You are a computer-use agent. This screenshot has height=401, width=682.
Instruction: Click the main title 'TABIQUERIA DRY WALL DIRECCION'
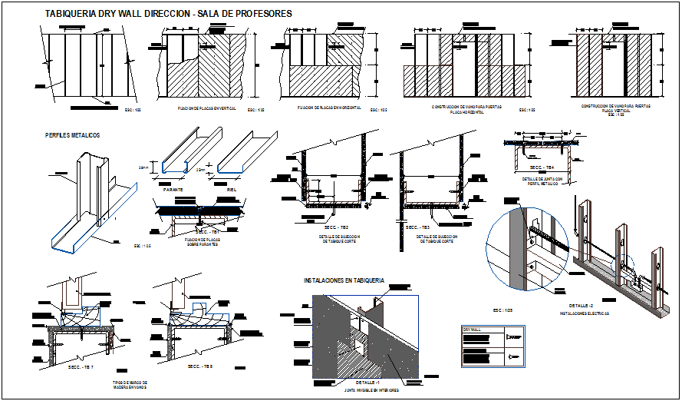pos(119,14)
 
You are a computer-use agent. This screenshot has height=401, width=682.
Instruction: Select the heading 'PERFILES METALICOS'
pos(72,135)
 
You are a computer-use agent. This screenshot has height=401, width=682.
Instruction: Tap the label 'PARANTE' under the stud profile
pos(173,187)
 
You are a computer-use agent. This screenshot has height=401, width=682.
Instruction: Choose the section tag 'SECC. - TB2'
pos(334,227)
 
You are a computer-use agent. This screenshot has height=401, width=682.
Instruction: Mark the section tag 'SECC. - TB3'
pos(418,227)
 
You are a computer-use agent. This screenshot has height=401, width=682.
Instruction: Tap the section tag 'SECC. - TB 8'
pos(201,366)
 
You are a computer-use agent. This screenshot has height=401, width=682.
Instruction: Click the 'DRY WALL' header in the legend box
pos(471,328)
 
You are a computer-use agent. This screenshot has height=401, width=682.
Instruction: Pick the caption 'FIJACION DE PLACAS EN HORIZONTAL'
pos(326,109)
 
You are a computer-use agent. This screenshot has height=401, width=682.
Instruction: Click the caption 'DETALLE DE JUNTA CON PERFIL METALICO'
pos(542,181)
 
